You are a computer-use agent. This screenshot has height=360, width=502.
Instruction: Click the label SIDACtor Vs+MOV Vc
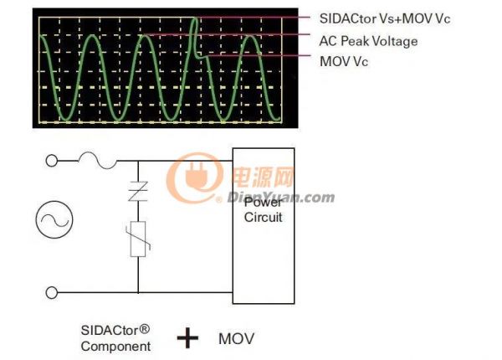click(385, 18)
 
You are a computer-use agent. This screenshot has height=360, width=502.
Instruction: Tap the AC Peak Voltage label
click(368, 41)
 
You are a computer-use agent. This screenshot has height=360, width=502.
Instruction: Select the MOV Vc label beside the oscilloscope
click(344, 61)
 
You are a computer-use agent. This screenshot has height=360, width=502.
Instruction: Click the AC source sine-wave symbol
click(54, 219)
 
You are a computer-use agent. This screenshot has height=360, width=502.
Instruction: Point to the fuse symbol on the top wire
click(97, 160)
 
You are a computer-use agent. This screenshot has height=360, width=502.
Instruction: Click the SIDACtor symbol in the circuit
click(138, 191)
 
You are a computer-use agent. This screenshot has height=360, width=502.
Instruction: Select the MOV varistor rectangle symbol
click(138, 239)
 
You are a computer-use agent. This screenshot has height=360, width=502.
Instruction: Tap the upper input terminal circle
click(52, 161)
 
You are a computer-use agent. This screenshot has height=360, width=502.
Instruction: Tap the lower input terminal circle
click(52, 292)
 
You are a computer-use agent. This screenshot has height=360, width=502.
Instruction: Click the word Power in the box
click(264, 203)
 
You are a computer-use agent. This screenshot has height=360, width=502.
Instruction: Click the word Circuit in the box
click(264, 217)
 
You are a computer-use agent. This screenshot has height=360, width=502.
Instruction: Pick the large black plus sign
click(187, 338)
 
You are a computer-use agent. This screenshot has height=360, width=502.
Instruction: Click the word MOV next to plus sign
click(236, 338)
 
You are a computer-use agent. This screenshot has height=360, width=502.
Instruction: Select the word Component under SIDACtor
click(115, 347)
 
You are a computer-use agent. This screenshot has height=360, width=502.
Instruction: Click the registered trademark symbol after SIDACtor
click(145, 329)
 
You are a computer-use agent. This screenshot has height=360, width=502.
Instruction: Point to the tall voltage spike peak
click(195, 18)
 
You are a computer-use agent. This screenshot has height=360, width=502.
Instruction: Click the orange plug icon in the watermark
click(196, 177)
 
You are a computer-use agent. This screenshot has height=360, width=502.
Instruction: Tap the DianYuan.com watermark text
click(281, 198)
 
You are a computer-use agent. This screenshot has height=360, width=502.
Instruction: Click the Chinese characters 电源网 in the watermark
click(263, 177)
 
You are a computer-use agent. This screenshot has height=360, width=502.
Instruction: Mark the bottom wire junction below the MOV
click(138, 292)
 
